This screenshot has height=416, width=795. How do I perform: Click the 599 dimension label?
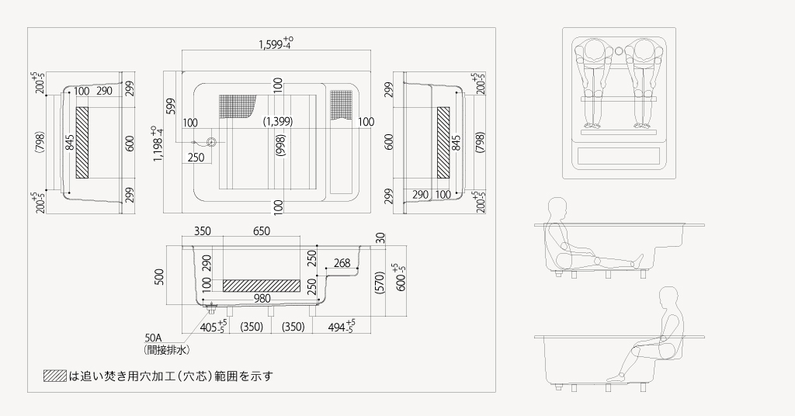tap(171, 107)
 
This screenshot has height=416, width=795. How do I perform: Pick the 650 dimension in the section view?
tap(261, 231)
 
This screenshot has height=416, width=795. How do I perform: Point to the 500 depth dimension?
tap(160, 276)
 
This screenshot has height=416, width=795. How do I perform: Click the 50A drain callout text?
tap(152, 338)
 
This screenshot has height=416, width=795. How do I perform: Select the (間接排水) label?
tap(168, 350)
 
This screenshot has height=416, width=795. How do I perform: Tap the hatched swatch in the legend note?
tap(55, 376)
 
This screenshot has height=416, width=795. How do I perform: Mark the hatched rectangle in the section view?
tap(261, 285)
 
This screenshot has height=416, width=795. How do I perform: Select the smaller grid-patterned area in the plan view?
tap(342, 104)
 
